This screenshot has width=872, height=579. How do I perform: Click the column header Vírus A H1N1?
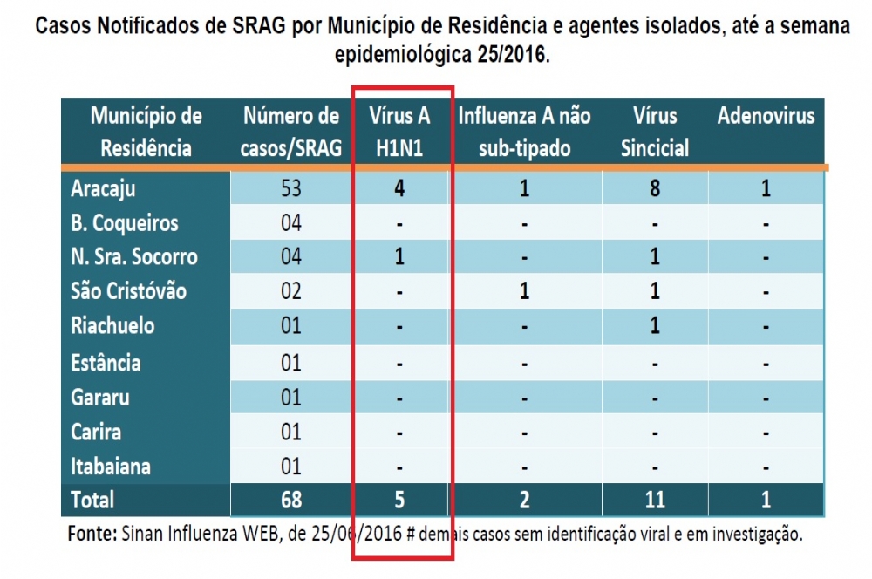399,131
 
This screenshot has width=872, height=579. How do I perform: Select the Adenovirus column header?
766,117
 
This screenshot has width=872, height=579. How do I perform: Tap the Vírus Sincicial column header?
655,131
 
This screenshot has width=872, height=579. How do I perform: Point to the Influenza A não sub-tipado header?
524,131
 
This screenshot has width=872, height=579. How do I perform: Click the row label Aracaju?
103,188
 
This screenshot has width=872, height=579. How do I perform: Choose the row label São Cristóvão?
128,291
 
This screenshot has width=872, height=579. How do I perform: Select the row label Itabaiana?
111,467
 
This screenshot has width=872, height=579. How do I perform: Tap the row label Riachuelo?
112,326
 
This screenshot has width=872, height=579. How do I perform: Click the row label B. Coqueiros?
124,223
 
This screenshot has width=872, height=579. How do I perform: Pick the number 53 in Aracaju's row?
291,188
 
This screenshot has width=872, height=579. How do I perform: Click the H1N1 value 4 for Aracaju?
399,188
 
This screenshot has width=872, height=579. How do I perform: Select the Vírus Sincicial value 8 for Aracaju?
655,188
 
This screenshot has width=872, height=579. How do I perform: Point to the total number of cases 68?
291,500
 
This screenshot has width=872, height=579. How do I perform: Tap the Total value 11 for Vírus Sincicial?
655,500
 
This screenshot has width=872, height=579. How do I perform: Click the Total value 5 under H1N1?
399,500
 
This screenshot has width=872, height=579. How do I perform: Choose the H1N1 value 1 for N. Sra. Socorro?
399,257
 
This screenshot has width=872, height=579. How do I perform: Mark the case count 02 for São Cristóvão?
291,291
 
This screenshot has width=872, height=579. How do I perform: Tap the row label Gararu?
100,398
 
